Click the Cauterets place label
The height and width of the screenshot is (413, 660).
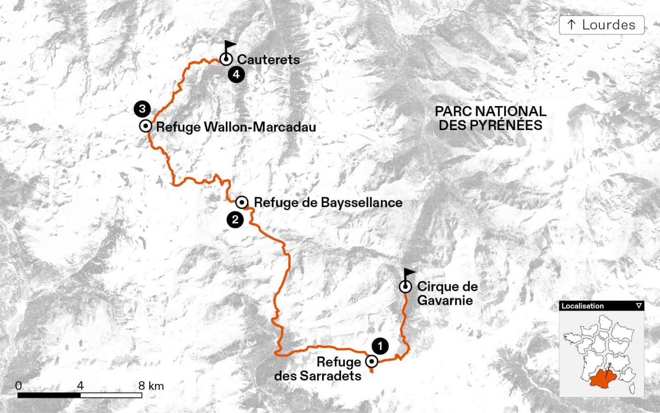[268, 59]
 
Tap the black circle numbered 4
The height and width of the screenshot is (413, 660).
[236, 75]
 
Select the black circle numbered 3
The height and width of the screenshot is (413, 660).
[142, 109]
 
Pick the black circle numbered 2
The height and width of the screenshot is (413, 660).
[235, 219]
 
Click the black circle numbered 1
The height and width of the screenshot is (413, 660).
[380, 346]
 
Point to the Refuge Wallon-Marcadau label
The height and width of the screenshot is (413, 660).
[236, 127]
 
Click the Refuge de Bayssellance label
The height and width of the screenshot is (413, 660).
[328, 202]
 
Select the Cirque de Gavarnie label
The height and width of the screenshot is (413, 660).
[447, 293]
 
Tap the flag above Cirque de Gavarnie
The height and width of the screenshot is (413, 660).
[409, 273]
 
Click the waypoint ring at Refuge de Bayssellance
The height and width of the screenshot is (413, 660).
[242, 202]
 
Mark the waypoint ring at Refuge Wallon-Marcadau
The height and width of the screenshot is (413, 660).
[146, 126]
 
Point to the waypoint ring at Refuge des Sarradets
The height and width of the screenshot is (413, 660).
[372, 362]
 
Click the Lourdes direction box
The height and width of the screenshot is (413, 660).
[601, 25]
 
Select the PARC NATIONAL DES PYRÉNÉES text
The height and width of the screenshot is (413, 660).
[490, 118]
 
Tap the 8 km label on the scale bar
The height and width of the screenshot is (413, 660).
[151, 386]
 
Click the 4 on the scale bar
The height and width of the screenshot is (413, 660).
[80, 386]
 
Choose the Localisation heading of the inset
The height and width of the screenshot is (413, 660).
[582, 306]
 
